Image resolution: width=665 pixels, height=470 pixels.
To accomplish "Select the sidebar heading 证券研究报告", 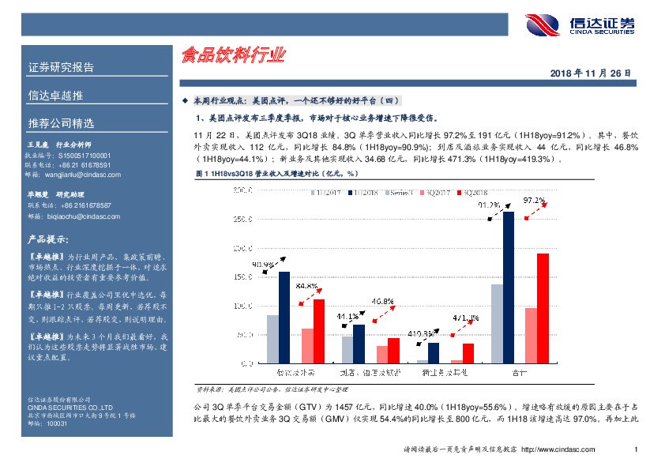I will coord(61,67).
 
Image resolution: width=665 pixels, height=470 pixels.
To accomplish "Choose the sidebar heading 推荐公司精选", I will coord(61,124).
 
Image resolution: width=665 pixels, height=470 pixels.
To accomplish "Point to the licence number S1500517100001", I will coord(85,156).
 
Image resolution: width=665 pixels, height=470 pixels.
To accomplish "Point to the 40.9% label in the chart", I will coord(264,264).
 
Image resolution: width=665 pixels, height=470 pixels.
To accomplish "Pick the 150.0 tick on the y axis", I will coord(242,277).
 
